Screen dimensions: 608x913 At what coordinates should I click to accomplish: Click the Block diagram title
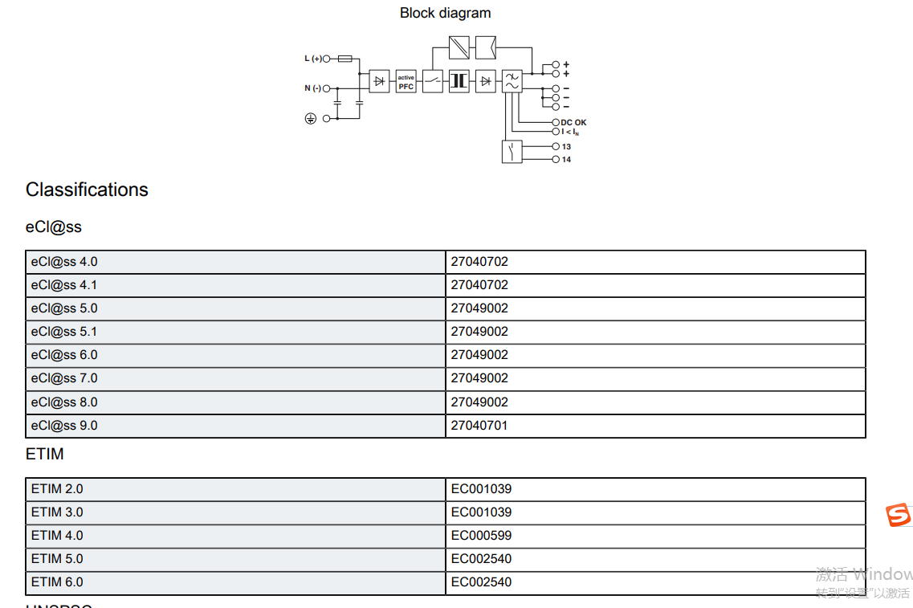coord(445,13)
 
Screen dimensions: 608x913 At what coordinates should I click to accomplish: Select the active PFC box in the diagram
coord(406,82)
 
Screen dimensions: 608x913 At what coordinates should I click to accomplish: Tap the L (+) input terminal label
coord(312,59)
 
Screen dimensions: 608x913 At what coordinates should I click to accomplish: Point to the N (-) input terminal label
coord(312,88)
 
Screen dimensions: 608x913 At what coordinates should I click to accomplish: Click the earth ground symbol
coord(311,118)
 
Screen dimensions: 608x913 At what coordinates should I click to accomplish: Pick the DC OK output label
coord(573,123)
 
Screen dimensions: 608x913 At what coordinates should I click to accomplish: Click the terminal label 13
coord(566,147)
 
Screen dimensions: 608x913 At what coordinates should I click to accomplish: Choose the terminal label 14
coord(566,160)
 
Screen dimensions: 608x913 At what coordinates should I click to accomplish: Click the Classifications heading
coord(87,190)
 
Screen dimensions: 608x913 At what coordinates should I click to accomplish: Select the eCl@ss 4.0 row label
coord(64,262)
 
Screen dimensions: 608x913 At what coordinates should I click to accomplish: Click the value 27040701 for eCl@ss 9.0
coord(479,426)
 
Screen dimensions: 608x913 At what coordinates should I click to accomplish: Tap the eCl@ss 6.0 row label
coord(64,355)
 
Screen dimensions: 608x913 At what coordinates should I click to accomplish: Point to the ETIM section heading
coord(44,455)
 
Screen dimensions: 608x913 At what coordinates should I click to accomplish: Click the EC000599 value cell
coord(481,536)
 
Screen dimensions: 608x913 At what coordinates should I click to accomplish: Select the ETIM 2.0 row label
coord(57,489)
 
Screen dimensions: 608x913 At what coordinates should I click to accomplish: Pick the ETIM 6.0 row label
coord(57,582)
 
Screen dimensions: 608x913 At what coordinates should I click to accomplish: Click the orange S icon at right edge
coord(899,515)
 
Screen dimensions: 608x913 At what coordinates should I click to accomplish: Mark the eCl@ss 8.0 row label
coord(64,402)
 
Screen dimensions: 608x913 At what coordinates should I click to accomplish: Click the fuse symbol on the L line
coord(344,59)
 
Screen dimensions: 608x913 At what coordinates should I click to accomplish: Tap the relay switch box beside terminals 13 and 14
coord(512,152)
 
